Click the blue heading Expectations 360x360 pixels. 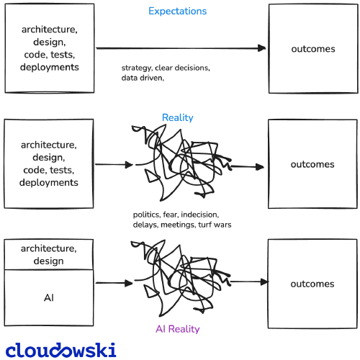click(177, 12)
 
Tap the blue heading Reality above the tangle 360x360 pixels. click(178, 117)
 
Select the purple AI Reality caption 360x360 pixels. click(178, 329)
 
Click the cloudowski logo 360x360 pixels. click(61, 350)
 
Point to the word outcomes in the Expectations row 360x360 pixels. click(313, 49)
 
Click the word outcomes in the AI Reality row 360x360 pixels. click(312, 284)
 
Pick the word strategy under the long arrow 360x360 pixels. click(137, 68)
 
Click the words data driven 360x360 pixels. click(142, 78)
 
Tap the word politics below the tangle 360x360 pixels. click(147, 215)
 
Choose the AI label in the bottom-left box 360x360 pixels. click(49, 298)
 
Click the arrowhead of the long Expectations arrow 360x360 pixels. click(262, 48)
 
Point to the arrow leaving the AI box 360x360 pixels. click(114, 283)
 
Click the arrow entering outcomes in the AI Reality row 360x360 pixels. click(249, 282)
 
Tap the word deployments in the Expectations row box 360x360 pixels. click(50, 67)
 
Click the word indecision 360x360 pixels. click(199, 215)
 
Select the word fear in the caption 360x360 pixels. click(171, 215)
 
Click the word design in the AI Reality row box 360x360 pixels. click(49, 261)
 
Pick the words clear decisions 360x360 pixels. click(182, 68)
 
